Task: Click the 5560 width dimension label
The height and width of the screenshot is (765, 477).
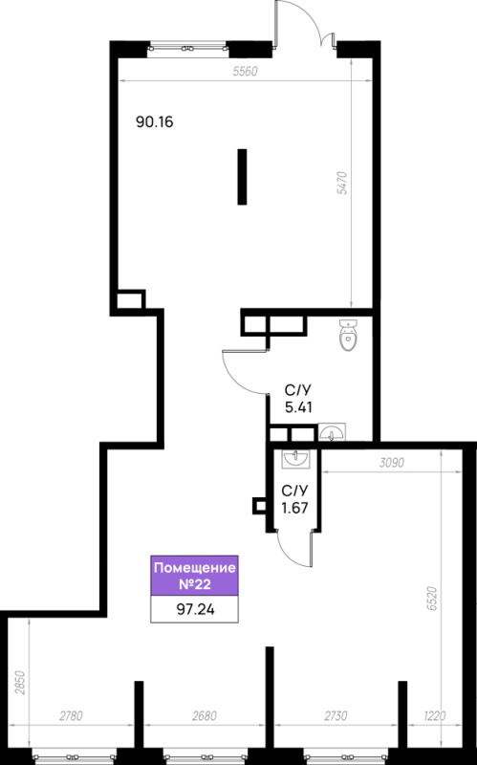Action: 245,72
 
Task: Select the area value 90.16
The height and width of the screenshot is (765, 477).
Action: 155,122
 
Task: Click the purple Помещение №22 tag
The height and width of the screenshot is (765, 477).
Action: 194,576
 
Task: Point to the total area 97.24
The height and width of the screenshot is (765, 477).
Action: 195,609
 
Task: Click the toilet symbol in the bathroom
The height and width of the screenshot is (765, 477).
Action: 348,335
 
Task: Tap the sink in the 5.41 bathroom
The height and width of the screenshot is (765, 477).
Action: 332,432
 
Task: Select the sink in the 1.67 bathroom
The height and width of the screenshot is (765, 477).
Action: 295,459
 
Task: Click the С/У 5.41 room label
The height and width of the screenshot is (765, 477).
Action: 298,399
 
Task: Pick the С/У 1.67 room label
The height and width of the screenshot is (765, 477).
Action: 294,499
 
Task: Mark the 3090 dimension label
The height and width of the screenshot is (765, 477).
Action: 392,462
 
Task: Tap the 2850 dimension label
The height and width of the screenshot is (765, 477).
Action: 20,683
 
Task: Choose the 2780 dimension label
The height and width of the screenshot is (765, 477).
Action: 71,715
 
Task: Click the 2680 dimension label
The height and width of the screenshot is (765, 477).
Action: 204,715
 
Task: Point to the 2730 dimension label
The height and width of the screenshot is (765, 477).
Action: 336,715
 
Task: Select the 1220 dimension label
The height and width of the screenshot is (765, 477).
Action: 434,715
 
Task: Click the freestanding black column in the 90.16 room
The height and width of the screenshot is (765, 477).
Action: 242,177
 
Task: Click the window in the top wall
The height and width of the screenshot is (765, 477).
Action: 187,49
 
